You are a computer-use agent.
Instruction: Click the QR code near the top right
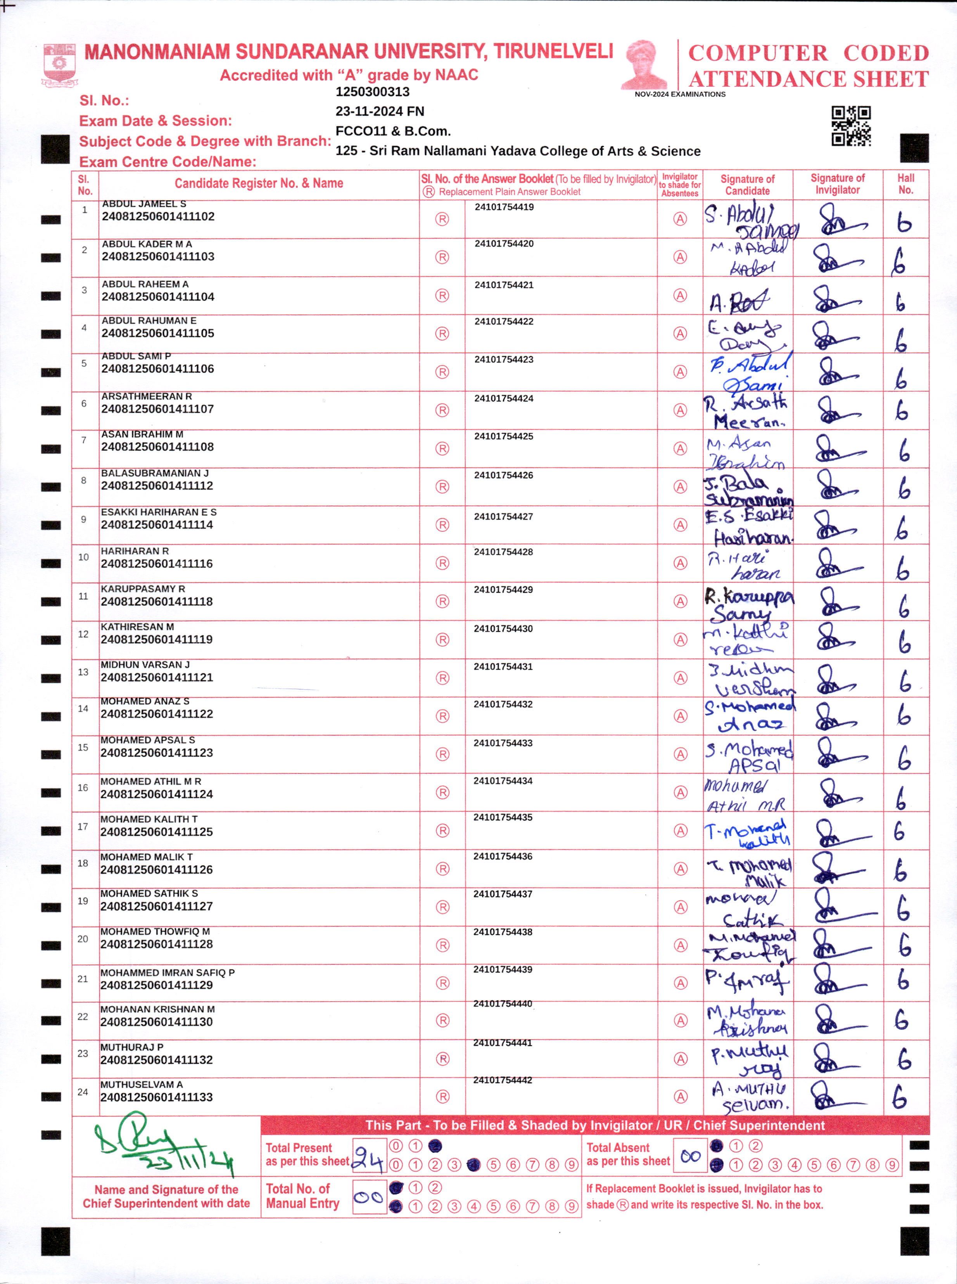click(x=851, y=126)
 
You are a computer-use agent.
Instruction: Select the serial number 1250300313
click(x=373, y=92)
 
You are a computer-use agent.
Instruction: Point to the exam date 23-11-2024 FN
click(x=380, y=111)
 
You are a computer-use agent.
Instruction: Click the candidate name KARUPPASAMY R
click(x=143, y=589)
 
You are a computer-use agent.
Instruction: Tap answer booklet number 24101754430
click(x=503, y=629)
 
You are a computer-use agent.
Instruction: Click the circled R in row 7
click(x=442, y=448)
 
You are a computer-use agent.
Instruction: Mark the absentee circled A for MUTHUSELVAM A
click(x=681, y=1097)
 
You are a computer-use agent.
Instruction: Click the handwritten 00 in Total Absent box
click(x=690, y=1156)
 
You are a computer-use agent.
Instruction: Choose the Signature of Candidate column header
click(x=747, y=185)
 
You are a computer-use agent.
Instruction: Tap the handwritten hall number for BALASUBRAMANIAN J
click(x=904, y=488)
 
